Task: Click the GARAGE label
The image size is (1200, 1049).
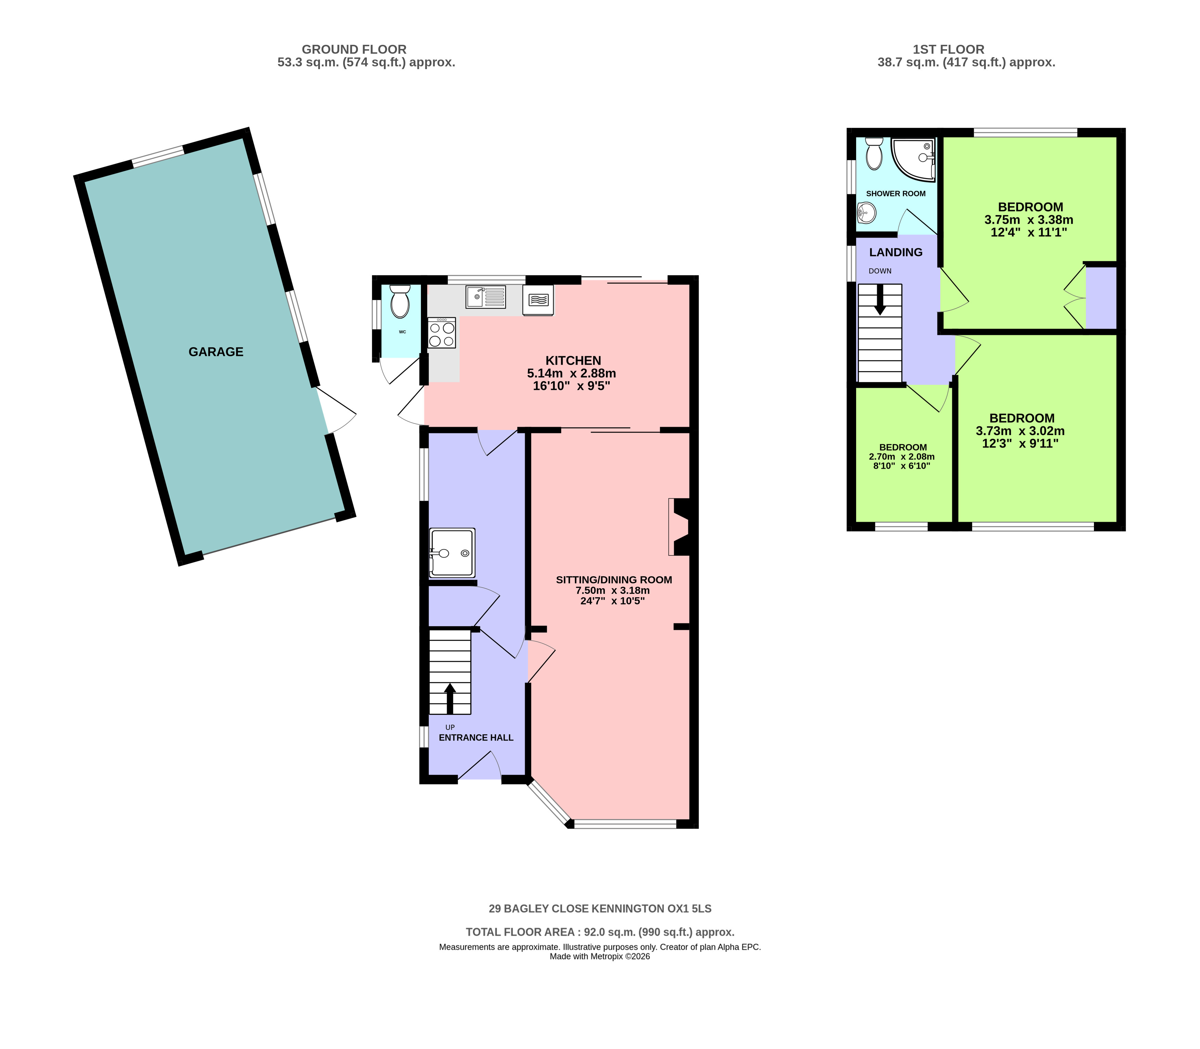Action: (216, 352)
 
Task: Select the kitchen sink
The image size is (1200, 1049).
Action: (486, 297)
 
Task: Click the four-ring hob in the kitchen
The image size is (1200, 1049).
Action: (442, 332)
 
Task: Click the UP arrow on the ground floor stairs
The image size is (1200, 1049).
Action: (450, 698)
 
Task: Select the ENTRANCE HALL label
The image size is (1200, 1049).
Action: (476, 737)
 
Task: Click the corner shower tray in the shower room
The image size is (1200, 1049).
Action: (913, 158)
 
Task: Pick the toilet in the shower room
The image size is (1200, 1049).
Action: (874, 153)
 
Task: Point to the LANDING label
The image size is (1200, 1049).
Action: (895, 252)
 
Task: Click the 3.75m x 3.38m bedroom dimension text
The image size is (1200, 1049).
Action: (1029, 220)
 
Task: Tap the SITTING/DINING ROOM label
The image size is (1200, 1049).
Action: (614, 580)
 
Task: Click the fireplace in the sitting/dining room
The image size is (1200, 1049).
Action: (679, 526)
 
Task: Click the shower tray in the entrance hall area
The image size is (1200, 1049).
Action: (452, 553)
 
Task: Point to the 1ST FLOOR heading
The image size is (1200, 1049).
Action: (949, 50)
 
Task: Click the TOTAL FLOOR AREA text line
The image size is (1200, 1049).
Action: (600, 932)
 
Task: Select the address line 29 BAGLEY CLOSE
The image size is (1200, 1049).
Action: (600, 909)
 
